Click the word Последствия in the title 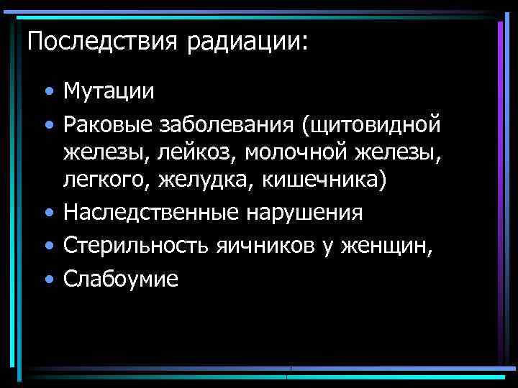point(104,41)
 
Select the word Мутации point(109,91)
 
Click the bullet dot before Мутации point(47,93)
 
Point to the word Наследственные point(153,213)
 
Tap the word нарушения point(304,213)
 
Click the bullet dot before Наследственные point(47,215)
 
